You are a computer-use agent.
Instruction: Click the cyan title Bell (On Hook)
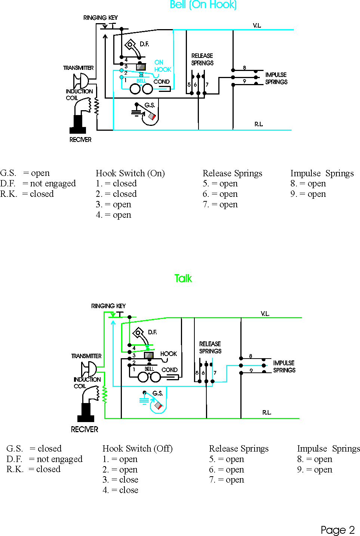(x=203, y=4)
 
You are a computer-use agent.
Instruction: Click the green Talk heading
(x=183, y=278)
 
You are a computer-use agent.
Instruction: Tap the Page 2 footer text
(x=338, y=530)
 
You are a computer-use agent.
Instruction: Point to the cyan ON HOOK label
(x=163, y=66)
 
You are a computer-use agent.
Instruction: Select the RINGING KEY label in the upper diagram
(x=100, y=18)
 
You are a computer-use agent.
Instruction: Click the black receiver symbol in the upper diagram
(x=78, y=124)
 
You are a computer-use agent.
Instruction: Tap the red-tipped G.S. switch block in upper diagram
(x=152, y=117)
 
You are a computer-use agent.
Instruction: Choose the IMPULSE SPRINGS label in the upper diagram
(x=276, y=78)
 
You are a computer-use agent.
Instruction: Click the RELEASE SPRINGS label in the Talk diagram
(x=210, y=347)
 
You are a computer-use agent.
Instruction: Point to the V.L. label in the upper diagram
(x=257, y=25)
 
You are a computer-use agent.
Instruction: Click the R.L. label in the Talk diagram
(x=267, y=412)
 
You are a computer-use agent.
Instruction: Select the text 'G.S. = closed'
(x=34, y=448)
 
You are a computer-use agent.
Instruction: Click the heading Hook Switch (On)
(x=130, y=173)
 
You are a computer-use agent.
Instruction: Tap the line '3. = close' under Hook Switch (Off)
(x=120, y=480)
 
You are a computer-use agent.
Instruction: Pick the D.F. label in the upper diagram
(x=144, y=44)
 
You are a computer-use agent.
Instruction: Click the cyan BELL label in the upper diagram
(x=141, y=81)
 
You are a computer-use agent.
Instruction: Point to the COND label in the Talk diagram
(x=169, y=370)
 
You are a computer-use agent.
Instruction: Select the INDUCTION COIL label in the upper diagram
(x=79, y=95)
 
